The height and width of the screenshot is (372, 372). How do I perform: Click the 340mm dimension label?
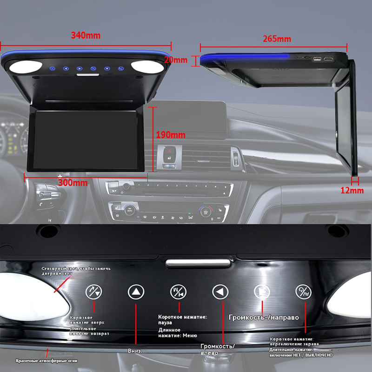tap(85, 35)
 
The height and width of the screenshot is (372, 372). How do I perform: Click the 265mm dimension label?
tap(277, 39)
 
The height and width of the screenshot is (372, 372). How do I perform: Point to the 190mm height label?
tap(171, 135)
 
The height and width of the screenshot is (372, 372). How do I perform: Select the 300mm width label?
tap(73, 183)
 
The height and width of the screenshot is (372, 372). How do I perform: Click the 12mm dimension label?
tap(352, 191)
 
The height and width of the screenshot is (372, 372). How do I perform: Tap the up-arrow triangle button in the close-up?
tap(136, 292)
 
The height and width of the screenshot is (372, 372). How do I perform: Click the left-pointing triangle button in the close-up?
tap(220, 292)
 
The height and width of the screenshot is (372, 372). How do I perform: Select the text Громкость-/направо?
tap(263, 318)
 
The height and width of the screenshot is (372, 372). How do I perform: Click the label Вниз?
tap(135, 351)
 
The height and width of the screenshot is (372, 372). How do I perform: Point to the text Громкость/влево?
tap(218, 349)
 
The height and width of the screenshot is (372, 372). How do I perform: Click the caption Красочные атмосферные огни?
tap(46, 361)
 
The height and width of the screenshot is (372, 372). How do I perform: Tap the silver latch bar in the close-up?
tap(198, 263)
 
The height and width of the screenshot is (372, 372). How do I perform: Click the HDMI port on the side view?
tap(329, 59)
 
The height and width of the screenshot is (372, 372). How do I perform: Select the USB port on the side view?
tap(317, 59)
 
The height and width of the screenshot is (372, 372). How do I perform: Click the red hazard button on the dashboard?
tap(169, 151)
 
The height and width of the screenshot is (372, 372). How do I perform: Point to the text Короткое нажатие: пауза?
tap(182, 319)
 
